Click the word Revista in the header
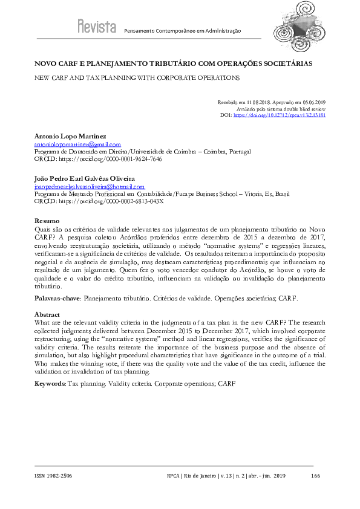click(97, 26)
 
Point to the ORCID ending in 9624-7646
click(98, 160)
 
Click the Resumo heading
click(47, 222)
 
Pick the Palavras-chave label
click(57, 299)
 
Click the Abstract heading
click(48, 315)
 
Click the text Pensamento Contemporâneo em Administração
click(182, 30)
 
